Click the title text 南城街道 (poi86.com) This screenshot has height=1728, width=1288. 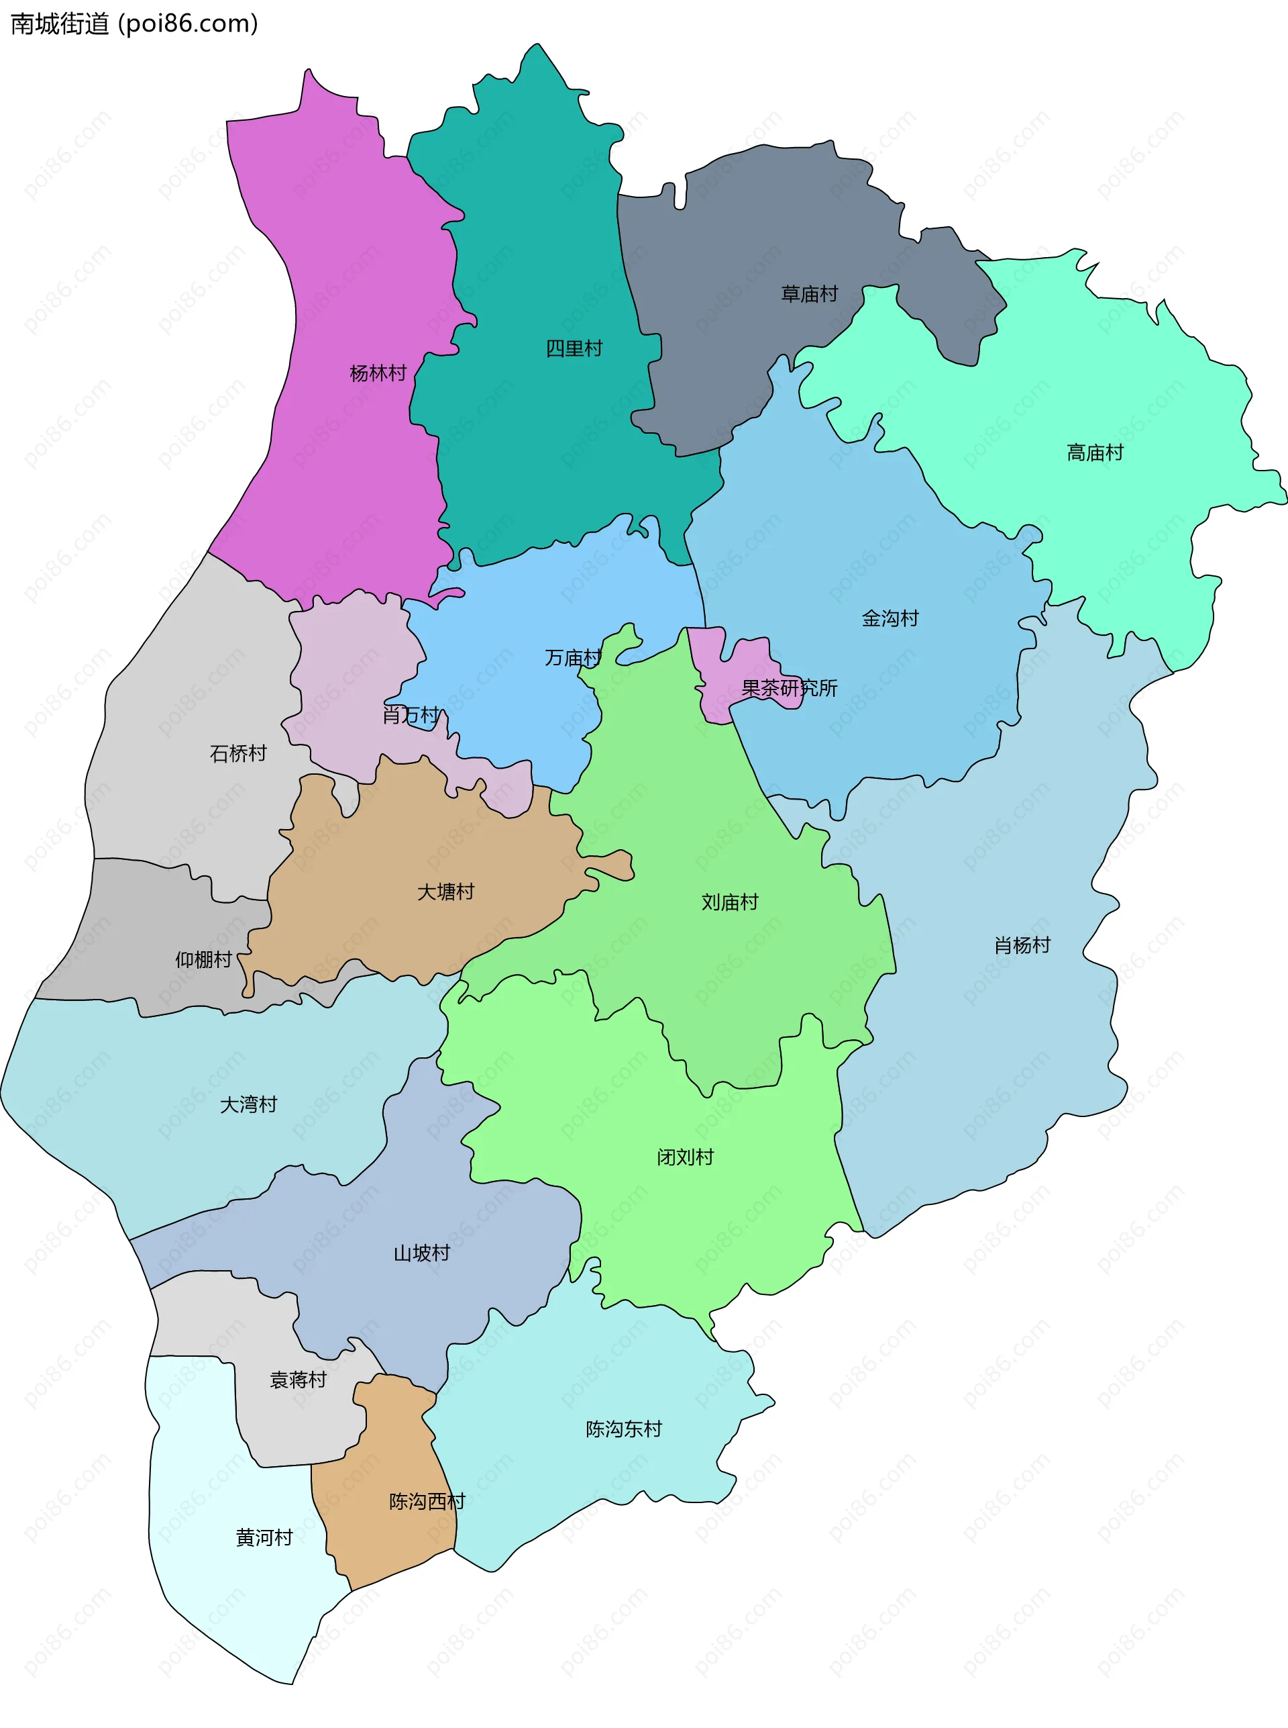(x=133, y=24)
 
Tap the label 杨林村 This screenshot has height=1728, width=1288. (x=378, y=373)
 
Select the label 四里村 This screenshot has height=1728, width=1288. (x=574, y=348)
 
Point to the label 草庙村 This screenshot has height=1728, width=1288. (x=809, y=293)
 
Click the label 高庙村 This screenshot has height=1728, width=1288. (x=1095, y=452)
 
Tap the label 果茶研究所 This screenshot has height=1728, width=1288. (x=789, y=687)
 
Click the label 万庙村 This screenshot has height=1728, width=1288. (x=573, y=658)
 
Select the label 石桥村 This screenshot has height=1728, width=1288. (x=237, y=753)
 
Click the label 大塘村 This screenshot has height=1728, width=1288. (x=445, y=891)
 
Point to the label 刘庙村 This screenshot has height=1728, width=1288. (x=729, y=902)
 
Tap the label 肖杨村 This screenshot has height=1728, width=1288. (x=1022, y=945)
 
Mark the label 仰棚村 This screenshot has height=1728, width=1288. (x=203, y=959)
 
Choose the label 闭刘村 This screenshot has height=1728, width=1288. (x=684, y=1156)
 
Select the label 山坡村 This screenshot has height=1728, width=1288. (x=421, y=1253)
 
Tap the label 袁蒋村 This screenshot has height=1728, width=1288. (x=298, y=1380)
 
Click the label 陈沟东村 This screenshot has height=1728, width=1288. (x=624, y=1429)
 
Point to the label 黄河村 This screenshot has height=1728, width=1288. (x=264, y=1537)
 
